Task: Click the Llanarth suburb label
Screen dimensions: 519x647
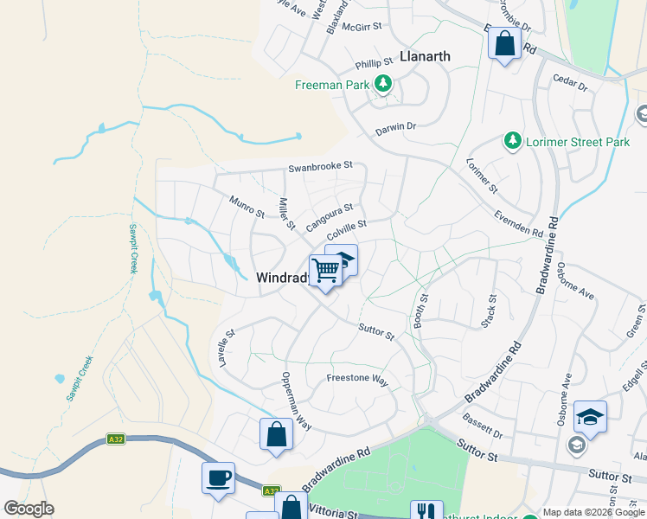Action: click(425, 57)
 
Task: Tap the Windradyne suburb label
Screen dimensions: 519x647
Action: click(282, 278)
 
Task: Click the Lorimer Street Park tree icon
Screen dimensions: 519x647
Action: click(513, 141)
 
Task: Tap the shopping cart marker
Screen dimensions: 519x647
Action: click(326, 271)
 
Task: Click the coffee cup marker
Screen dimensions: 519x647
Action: click(218, 477)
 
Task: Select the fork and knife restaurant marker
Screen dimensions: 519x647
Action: click(426, 511)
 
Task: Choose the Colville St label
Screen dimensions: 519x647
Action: click(353, 229)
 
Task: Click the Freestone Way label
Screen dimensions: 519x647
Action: click(358, 378)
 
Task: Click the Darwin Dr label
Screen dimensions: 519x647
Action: click(395, 127)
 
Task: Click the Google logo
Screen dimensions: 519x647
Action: click(29, 509)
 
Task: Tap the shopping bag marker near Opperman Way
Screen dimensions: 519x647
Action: click(276, 434)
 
